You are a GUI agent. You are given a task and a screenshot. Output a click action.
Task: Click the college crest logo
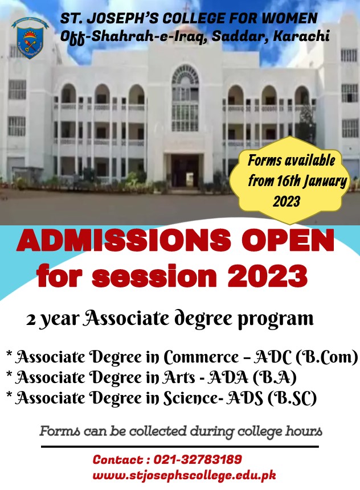pos(30,38)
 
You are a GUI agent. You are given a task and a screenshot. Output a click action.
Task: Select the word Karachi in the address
pos(301,36)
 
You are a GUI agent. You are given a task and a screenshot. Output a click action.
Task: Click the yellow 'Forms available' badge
pos(290,180)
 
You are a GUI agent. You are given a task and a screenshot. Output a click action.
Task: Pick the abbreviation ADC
pos(272,357)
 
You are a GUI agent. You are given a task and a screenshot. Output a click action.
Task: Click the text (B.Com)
pos(326,357)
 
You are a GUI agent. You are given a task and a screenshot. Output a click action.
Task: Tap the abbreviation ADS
pos(245,398)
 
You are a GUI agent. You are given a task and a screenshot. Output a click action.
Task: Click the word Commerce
pos(202,357)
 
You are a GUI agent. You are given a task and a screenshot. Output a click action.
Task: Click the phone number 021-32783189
pos(198,459)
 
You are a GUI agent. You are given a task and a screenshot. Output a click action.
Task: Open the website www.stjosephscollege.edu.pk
pos(184,475)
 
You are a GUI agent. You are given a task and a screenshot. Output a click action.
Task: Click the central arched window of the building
pos(185,98)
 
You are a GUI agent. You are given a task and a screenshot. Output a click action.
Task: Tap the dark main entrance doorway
pos(185,171)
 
